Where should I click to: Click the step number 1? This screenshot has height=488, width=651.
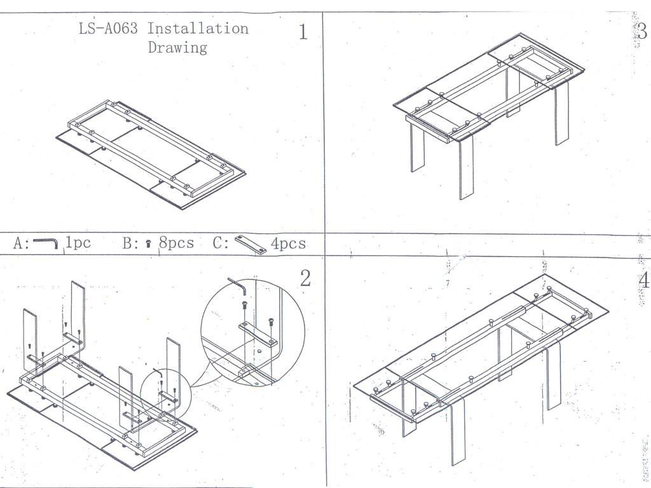[x=303, y=32]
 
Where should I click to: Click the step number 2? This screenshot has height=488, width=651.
[x=305, y=278]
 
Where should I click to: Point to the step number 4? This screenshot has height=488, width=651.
[x=643, y=280]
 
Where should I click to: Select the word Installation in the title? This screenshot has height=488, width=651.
[x=198, y=29]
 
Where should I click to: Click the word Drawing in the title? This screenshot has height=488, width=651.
[x=177, y=48]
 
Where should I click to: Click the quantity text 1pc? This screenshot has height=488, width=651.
[x=78, y=243]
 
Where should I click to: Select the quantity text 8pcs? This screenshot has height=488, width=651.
[x=176, y=243]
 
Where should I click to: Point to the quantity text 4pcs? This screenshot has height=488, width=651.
[x=288, y=243]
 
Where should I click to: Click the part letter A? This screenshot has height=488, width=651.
[x=21, y=243]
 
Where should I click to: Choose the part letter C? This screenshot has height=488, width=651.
[x=221, y=243]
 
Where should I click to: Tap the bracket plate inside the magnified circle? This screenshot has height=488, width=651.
[x=258, y=334]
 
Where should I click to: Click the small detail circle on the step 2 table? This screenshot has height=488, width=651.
[x=164, y=393]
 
